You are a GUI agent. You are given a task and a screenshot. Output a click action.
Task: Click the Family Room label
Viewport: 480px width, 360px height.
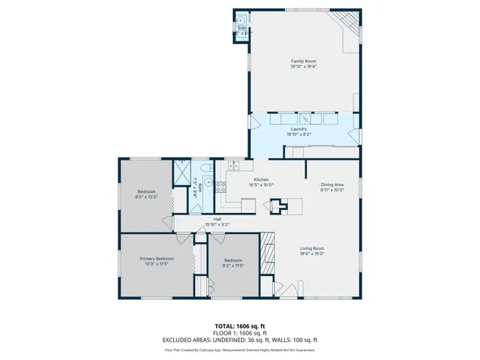[x=303, y=61]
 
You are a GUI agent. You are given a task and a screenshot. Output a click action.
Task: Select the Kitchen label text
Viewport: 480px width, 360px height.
[x=261, y=180]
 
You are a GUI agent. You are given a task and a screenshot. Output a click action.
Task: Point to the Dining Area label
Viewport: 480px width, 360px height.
[x=332, y=184]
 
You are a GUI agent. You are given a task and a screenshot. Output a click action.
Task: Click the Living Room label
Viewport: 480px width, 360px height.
[x=312, y=249]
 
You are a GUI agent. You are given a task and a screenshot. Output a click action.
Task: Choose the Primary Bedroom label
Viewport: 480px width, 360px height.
[x=157, y=259]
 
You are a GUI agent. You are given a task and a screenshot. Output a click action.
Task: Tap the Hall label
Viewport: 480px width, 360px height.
[x=217, y=219]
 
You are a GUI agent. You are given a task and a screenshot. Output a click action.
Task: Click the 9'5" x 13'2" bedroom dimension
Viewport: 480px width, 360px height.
[x=145, y=197]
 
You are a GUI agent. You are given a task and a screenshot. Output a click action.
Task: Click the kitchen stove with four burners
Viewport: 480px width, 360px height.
[x=221, y=187]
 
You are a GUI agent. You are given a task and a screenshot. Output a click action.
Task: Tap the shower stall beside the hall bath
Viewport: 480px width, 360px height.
[x=181, y=172]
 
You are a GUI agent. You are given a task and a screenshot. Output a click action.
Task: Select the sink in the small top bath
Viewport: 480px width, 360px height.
[x=240, y=20]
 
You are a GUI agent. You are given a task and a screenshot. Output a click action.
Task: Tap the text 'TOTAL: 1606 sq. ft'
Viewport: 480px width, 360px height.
[x=240, y=326]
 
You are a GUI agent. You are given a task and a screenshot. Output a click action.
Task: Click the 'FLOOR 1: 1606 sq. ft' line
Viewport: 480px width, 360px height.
[x=240, y=333]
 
